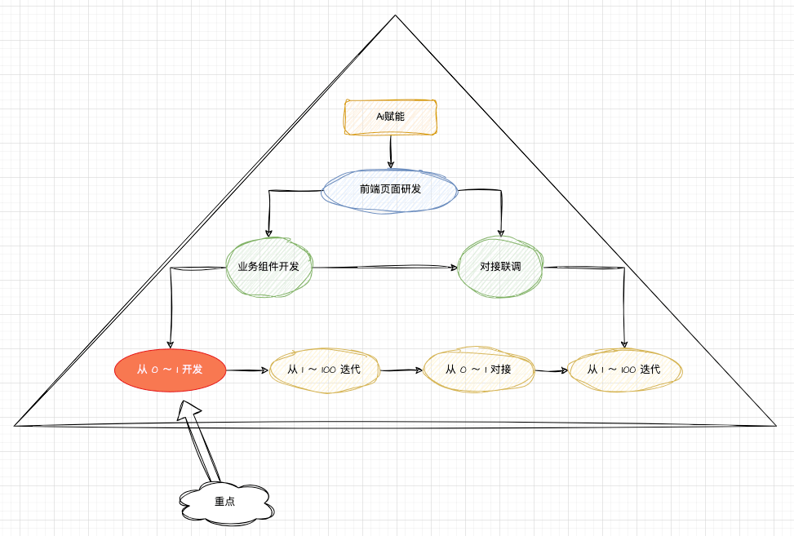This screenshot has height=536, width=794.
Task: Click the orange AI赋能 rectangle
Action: pyautogui.click(x=390, y=117)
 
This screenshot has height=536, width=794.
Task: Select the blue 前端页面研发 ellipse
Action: pyautogui.click(x=390, y=189)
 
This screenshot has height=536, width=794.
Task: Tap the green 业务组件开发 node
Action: pyautogui.click(x=268, y=267)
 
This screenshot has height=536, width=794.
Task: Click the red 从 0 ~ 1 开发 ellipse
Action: pyautogui.click(x=170, y=370)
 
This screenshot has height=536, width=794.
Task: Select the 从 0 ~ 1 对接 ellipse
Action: pyautogui.click(x=478, y=370)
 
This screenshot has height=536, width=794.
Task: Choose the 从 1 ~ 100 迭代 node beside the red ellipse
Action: pyautogui.click(x=324, y=370)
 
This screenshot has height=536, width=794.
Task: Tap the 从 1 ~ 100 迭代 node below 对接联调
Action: pyautogui.click(x=626, y=370)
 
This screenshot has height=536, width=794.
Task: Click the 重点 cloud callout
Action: pyautogui.click(x=225, y=501)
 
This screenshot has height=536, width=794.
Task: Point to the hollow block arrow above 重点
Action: pyautogui.click(x=201, y=441)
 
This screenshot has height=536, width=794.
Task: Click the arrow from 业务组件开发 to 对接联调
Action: pyautogui.click(x=384, y=267)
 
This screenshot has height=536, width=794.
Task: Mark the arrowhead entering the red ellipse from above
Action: pyautogui.click(x=170, y=344)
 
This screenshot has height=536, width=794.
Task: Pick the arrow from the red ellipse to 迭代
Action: pyautogui.click(x=246, y=370)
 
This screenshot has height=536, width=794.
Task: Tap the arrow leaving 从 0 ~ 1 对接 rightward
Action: pyautogui.click(x=551, y=370)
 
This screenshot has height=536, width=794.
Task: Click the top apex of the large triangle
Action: pyautogui.click(x=396, y=16)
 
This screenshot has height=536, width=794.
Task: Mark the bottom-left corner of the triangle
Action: pyautogui.click(x=16, y=424)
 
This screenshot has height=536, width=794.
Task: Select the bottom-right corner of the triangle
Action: pyautogui.click(x=774, y=425)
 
